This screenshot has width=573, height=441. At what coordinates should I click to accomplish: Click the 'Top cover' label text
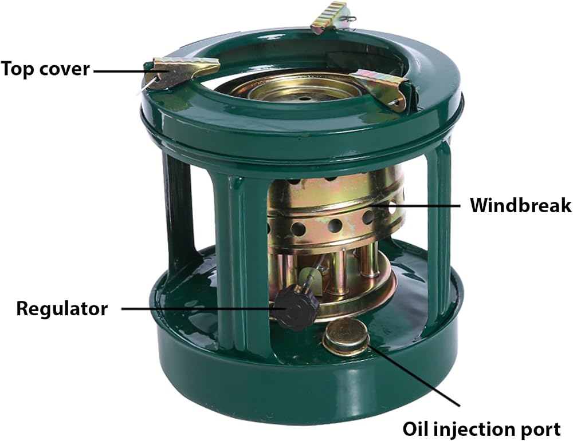pyautogui.click(x=45, y=69)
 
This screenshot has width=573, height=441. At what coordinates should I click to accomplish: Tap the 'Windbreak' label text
pyautogui.click(x=521, y=205)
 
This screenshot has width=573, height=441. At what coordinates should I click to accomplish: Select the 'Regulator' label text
pyautogui.click(x=62, y=309)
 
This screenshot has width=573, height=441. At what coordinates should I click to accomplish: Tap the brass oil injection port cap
pyautogui.click(x=346, y=336)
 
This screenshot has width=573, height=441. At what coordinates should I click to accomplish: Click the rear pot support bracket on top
pyautogui.click(x=329, y=17)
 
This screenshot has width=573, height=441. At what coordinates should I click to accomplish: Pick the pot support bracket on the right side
pyautogui.click(x=380, y=88)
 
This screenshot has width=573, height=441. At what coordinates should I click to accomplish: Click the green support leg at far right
pyautogui.click(x=438, y=237)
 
